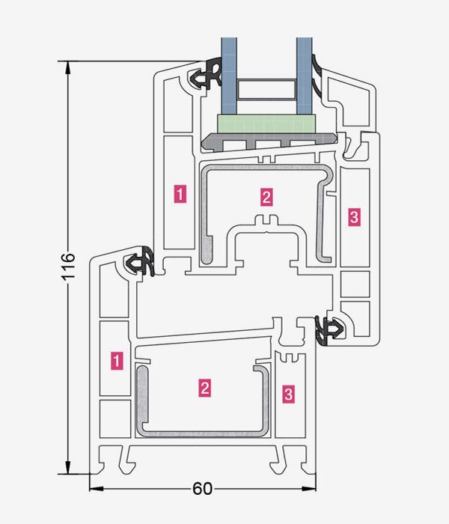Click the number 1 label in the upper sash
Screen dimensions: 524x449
pyautogui.click(x=180, y=193)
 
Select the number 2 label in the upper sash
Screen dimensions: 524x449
pyautogui.click(x=266, y=197)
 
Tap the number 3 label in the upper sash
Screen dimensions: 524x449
pyautogui.click(x=354, y=217)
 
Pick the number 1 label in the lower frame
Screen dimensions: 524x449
pyautogui.click(x=116, y=360)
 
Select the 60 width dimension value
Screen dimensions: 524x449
pyautogui.click(x=202, y=490)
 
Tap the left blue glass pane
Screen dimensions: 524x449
pyautogui.click(x=226, y=75)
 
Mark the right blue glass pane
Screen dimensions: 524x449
pyautogui.click(x=304, y=75)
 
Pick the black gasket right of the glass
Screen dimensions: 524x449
pyautogui.click(x=320, y=79)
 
